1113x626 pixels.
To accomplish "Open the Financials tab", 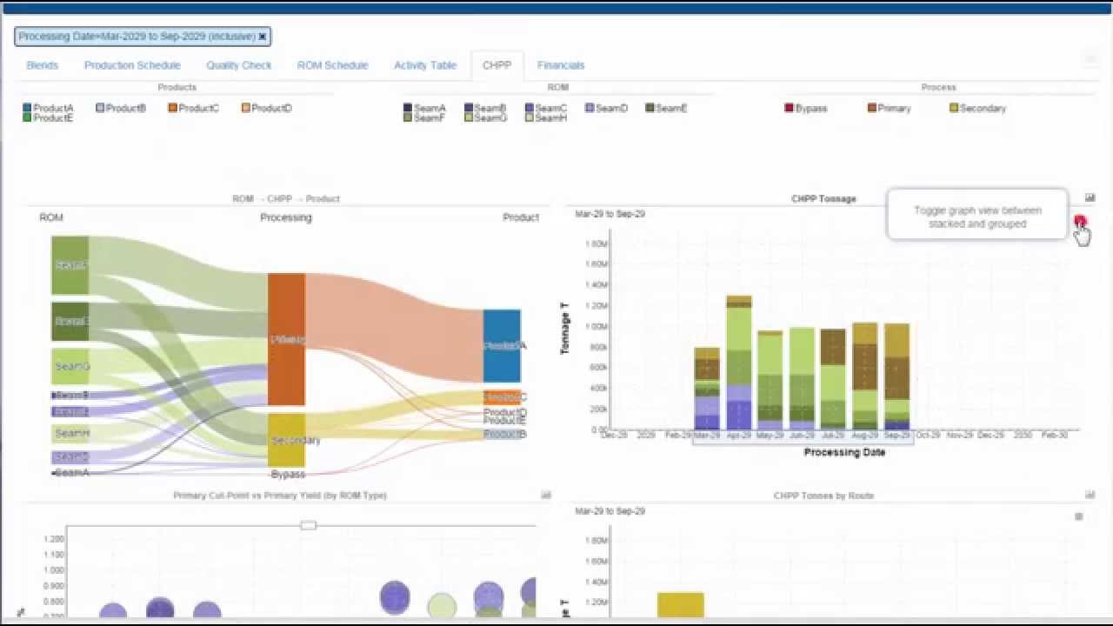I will (561, 65).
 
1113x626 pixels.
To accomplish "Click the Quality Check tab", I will (238, 65).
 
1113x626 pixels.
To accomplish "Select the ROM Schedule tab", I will (332, 65).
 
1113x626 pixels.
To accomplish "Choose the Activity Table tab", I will (424, 65).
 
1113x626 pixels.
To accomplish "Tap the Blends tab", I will (43, 65).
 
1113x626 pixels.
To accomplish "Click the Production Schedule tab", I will (132, 65).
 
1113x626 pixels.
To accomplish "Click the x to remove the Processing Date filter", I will (263, 37).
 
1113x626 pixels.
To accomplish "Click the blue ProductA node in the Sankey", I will (502, 345).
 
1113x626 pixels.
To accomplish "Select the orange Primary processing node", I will (286, 339).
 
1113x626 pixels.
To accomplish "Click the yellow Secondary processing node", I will (286, 440).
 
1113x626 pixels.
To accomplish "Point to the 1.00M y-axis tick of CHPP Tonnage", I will (596, 327).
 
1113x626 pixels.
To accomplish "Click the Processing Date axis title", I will (844, 452).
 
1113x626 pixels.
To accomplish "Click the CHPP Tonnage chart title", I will (823, 199).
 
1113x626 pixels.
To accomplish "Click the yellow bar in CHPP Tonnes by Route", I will (680, 605).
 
